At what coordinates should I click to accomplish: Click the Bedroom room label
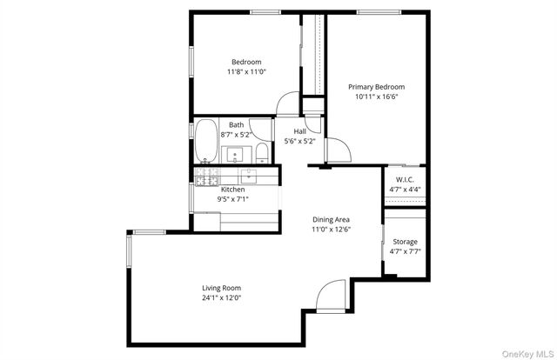click(242, 62)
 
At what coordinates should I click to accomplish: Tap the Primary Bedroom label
click(376, 87)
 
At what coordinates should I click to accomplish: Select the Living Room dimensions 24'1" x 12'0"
click(221, 298)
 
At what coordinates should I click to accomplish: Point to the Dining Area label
click(331, 220)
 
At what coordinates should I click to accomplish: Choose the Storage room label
click(405, 242)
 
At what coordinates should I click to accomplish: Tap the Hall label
click(299, 130)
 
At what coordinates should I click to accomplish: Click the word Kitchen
click(232, 190)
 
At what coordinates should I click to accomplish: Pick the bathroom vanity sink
click(235, 155)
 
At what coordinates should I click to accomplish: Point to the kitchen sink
click(248, 176)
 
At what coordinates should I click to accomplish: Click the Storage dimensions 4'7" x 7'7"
click(405, 252)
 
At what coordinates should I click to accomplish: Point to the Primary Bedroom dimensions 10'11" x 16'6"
click(376, 97)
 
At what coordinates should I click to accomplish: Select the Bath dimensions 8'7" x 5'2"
click(236, 135)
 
